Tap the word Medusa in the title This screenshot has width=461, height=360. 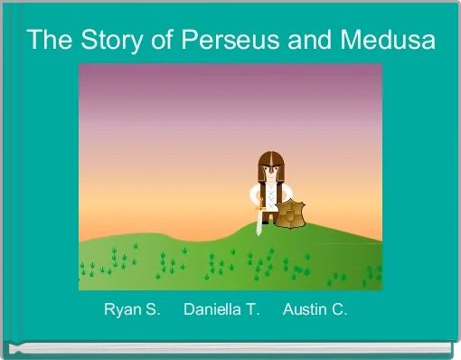point(389,40)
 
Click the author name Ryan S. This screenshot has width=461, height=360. point(132,310)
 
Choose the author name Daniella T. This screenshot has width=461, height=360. point(221,310)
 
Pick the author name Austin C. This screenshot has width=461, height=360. point(315,310)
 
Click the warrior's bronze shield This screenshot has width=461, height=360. point(291,215)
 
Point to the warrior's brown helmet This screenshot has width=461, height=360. point(269,158)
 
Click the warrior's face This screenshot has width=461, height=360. point(269,169)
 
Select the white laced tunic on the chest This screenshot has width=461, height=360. point(269,193)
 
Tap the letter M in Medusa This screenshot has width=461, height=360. point(353,40)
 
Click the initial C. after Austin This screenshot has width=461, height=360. point(339,310)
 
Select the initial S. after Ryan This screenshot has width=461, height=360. point(153,310)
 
